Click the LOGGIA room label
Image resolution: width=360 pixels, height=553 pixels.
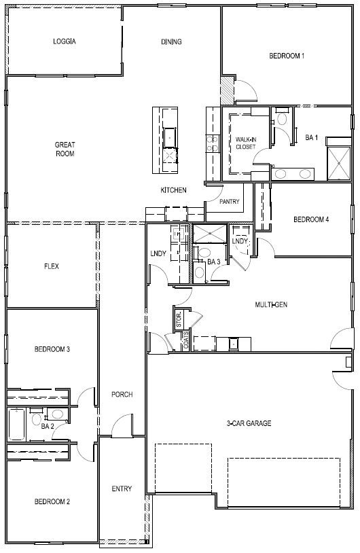(x=65, y=41)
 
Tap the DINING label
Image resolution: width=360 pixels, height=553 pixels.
(x=171, y=42)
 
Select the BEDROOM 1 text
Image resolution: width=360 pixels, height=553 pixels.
(x=287, y=56)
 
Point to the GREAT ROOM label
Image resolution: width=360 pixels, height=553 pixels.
(x=65, y=149)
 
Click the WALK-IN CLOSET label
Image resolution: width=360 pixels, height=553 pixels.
(x=245, y=142)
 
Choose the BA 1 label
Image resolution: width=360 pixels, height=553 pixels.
(x=312, y=138)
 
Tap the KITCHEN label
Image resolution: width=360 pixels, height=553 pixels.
(x=173, y=190)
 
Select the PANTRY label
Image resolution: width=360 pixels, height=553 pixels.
(x=229, y=202)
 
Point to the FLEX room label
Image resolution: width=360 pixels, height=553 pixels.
(x=51, y=267)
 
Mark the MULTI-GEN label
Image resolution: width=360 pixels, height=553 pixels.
(x=271, y=305)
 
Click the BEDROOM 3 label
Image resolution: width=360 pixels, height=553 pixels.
(x=52, y=350)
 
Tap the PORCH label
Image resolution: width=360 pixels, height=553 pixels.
(x=122, y=395)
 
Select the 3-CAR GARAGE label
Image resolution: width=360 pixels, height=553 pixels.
(x=249, y=424)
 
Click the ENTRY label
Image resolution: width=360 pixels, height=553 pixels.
(x=122, y=489)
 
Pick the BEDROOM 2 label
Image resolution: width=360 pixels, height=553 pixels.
(x=52, y=502)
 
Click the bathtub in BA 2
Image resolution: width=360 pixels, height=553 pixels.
(x=17, y=424)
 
